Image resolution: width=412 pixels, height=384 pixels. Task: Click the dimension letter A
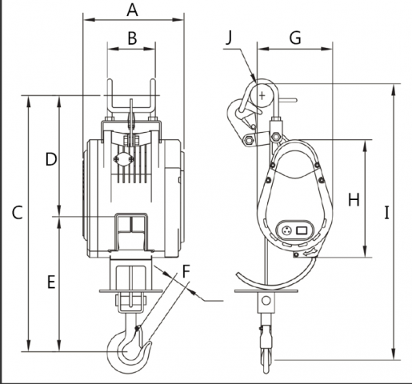pyautogui.click(x=132, y=10)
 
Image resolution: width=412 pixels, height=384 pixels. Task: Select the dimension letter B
pyautogui.click(x=132, y=38)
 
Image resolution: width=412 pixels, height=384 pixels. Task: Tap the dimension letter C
pyautogui.click(x=18, y=214)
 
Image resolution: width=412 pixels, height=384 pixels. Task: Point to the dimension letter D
pyautogui.click(x=51, y=159)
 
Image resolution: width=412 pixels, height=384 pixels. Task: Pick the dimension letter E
pyautogui.click(x=51, y=282)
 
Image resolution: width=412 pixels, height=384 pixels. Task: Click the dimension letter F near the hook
pyautogui.click(x=186, y=271)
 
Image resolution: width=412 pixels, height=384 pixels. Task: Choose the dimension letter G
pyautogui.click(x=295, y=38)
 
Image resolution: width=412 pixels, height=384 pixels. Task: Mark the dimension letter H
pyautogui.click(x=354, y=200)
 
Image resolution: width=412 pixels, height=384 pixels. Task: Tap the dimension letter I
pyautogui.click(x=386, y=213)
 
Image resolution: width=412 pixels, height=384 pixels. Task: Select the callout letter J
pyautogui.click(x=229, y=38)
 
